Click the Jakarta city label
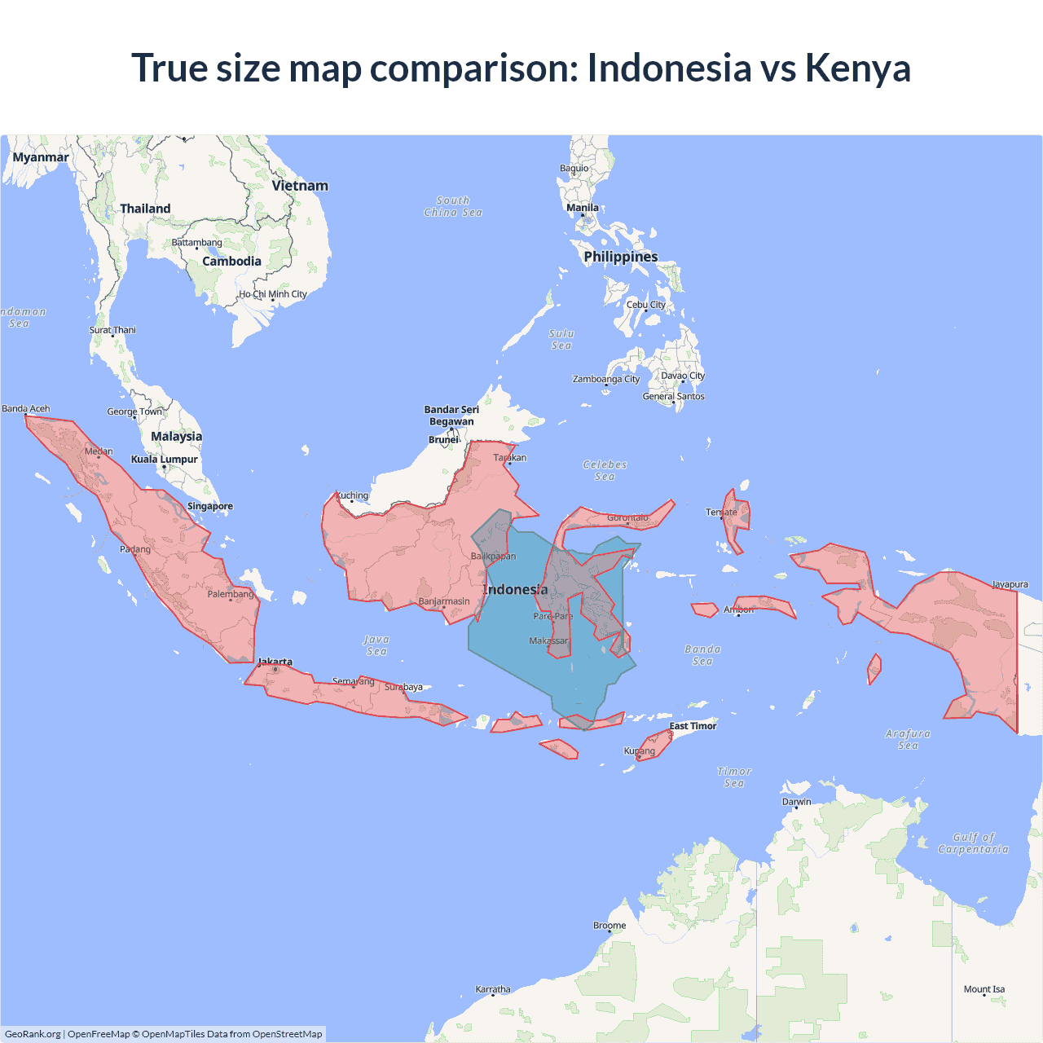tap(275, 662)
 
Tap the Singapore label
tap(210, 506)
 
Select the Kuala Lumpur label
tap(165, 459)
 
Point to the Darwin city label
tap(797, 801)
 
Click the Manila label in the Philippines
tap(583, 208)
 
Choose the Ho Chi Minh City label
tap(273, 294)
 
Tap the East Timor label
tap(693, 726)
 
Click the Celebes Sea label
tap(605, 470)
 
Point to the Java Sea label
tap(376, 645)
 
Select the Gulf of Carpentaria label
tap(973, 843)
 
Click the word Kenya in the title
tap(858, 68)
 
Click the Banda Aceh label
tap(26, 408)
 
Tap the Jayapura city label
tap(1010, 584)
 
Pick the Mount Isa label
tap(984, 989)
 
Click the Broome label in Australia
tap(610, 925)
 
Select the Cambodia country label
tap(231, 262)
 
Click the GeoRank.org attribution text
tap(33, 1034)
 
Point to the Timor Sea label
tap(734, 777)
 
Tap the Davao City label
tap(683, 376)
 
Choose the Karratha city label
tap(493, 989)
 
